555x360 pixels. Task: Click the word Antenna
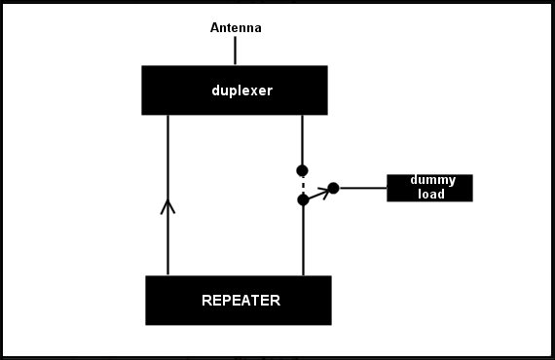point(236,27)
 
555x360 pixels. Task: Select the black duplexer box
point(235,90)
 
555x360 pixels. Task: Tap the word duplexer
point(242,90)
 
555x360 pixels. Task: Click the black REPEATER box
point(239,301)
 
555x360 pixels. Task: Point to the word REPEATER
point(241,301)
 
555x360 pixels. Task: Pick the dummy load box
point(429,188)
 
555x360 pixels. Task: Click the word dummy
point(433,180)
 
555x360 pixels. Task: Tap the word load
point(431,194)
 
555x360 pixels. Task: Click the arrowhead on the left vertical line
point(167,206)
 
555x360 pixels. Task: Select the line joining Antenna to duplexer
point(235,51)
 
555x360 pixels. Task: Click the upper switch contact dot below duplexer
point(302,171)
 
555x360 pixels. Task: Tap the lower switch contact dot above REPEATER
point(303,199)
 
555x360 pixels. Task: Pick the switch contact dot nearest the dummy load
point(333,188)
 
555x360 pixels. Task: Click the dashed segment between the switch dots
point(303,185)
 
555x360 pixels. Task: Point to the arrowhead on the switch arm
point(324,192)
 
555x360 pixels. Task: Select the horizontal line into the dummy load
point(363,188)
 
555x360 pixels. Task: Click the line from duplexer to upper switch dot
point(302,140)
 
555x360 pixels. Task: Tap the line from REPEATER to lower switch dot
point(303,240)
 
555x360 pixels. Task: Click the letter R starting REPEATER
point(206,301)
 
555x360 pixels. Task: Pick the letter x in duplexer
point(247,91)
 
